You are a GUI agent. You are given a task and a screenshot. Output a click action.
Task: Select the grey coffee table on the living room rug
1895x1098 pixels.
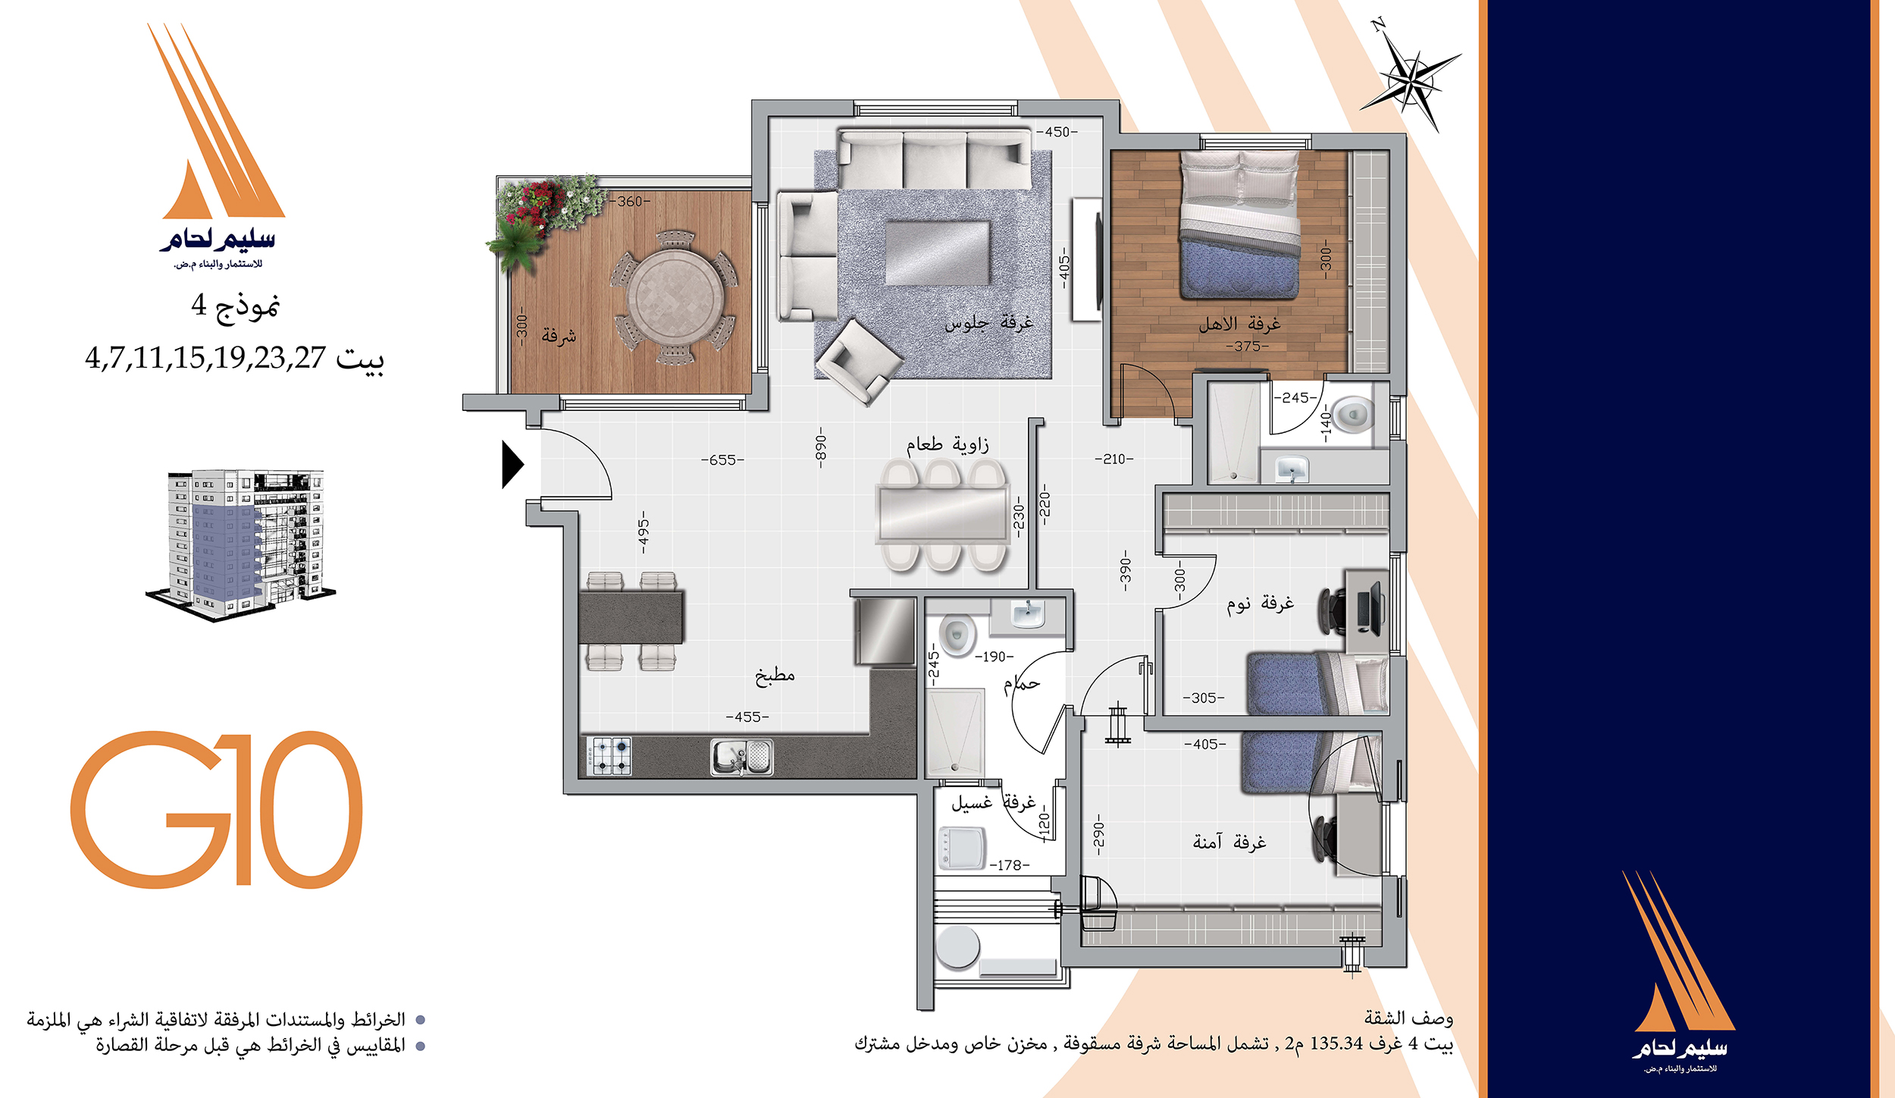coord(938,253)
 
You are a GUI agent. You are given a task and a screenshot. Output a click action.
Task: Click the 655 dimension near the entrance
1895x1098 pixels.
coord(722,460)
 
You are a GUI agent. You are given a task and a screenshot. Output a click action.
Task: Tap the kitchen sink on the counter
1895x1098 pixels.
coord(741,758)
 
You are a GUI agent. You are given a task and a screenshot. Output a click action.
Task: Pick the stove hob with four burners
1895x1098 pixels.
coord(608,756)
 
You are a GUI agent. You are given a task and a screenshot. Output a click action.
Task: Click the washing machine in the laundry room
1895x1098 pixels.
coord(962,848)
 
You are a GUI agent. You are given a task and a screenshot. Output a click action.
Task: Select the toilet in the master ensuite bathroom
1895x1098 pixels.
coord(1352,415)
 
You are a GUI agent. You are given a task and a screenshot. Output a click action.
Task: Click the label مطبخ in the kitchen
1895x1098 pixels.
coord(775,675)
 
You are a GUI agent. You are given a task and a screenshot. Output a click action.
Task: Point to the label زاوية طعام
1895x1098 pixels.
coord(947,444)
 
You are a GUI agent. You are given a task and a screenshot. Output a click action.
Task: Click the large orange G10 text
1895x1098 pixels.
coord(216,809)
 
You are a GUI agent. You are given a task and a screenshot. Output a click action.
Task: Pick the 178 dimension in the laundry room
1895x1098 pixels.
coord(1010,865)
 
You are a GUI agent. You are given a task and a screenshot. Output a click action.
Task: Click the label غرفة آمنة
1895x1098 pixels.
coord(1229,842)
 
